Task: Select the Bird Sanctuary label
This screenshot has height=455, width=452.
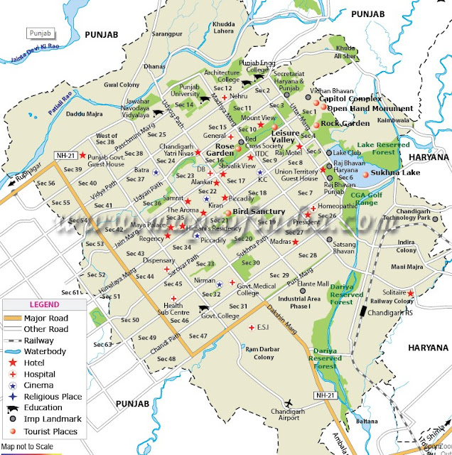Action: tap(259, 212)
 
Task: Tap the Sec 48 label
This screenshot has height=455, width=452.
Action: tap(166, 358)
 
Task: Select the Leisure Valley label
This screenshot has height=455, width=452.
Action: tap(285, 136)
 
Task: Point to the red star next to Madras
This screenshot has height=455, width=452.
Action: tap(296, 242)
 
